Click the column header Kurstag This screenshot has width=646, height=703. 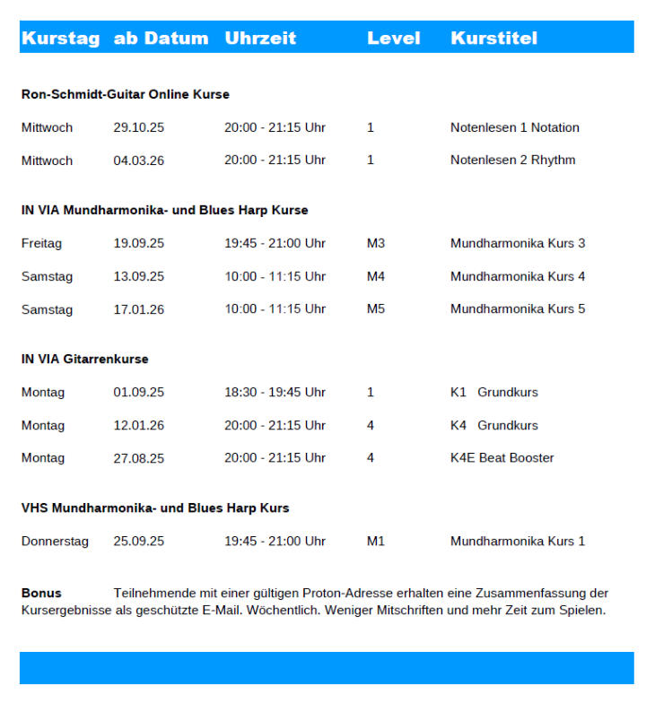tap(60, 39)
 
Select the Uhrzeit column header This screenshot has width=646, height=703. tap(260, 39)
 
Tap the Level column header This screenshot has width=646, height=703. tap(393, 39)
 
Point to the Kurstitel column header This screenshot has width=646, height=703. tap(493, 39)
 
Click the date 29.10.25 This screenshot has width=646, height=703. tap(138, 127)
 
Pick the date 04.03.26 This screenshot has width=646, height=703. tap(138, 161)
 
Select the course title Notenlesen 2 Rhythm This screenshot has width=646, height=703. tap(512, 161)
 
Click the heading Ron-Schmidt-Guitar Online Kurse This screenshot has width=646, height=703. tap(126, 94)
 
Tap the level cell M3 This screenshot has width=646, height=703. tap(376, 243)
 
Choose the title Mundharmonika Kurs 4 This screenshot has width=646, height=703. tap(518, 276)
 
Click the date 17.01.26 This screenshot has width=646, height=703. tap(138, 309)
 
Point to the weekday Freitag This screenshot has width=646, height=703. tap(41, 243)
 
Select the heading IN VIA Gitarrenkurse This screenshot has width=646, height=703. tap(85, 360)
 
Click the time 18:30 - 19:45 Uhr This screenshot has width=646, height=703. tap(275, 392)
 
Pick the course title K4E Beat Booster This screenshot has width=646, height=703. tap(502, 458)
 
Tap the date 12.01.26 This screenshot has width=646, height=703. tap(138, 425)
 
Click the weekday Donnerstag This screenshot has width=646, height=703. tap(55, 542)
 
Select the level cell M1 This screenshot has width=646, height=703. tap(376, 542)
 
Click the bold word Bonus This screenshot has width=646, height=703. tap(41, 594)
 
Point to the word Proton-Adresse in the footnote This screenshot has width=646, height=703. tap(345, 594)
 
